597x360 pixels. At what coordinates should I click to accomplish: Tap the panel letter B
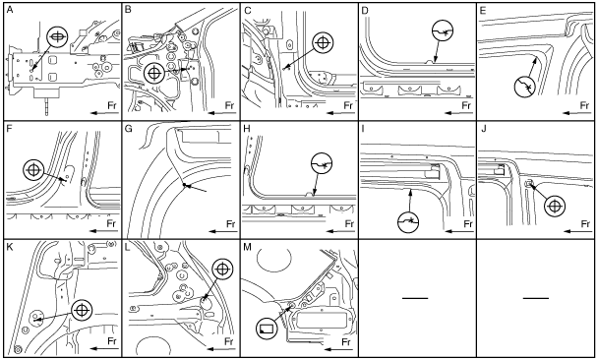click(128, 10)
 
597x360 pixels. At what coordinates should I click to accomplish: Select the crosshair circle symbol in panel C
click(323, 42)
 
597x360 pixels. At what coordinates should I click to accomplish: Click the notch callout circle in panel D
click(444, 30)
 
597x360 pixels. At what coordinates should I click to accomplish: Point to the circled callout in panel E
click(524, 88)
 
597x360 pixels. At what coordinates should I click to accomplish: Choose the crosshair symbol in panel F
click(33, 170)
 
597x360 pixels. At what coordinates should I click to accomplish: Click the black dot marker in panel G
click(184, 185)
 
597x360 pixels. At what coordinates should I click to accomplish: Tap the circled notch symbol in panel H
click(323, 163)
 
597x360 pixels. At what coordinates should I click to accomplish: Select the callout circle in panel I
click(408, 220)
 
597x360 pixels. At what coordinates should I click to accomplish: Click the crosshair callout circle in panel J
click(555, 207)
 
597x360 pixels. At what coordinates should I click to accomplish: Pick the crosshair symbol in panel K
click(83, 310)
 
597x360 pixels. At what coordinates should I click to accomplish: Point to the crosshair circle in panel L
click(223, 270)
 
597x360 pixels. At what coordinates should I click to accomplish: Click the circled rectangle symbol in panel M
click(267, 328)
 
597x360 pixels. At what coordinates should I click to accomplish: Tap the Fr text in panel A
click(111, 105)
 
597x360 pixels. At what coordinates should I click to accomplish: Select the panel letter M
click(247, 247)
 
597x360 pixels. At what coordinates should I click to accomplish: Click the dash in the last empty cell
click(536, 298)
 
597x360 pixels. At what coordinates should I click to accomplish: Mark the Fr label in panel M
click(346, 341)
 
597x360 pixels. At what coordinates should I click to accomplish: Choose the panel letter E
click(483, 10)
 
